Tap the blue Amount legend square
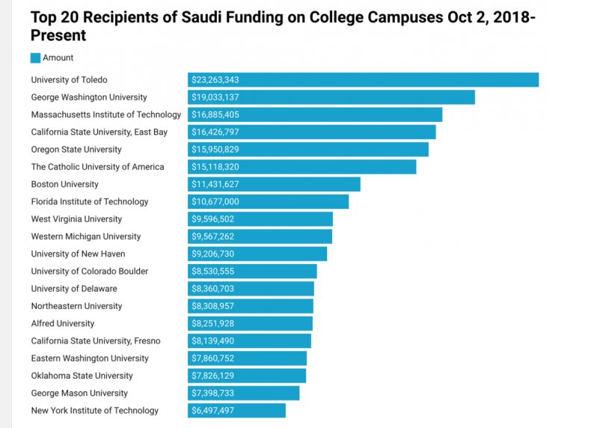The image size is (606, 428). (35, 58)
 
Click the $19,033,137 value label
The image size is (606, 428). (215, 97)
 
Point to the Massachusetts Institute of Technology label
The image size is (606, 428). (105, 114)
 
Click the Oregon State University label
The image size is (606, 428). (76, 150)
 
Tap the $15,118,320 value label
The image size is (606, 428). (215, 167)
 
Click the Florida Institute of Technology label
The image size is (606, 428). (89, 201)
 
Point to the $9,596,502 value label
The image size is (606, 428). (213, 219)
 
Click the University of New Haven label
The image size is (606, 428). (78, 254)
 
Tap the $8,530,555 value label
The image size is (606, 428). (213, 272)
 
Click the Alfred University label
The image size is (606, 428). (62, 323)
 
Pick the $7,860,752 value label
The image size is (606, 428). (213, 358)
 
